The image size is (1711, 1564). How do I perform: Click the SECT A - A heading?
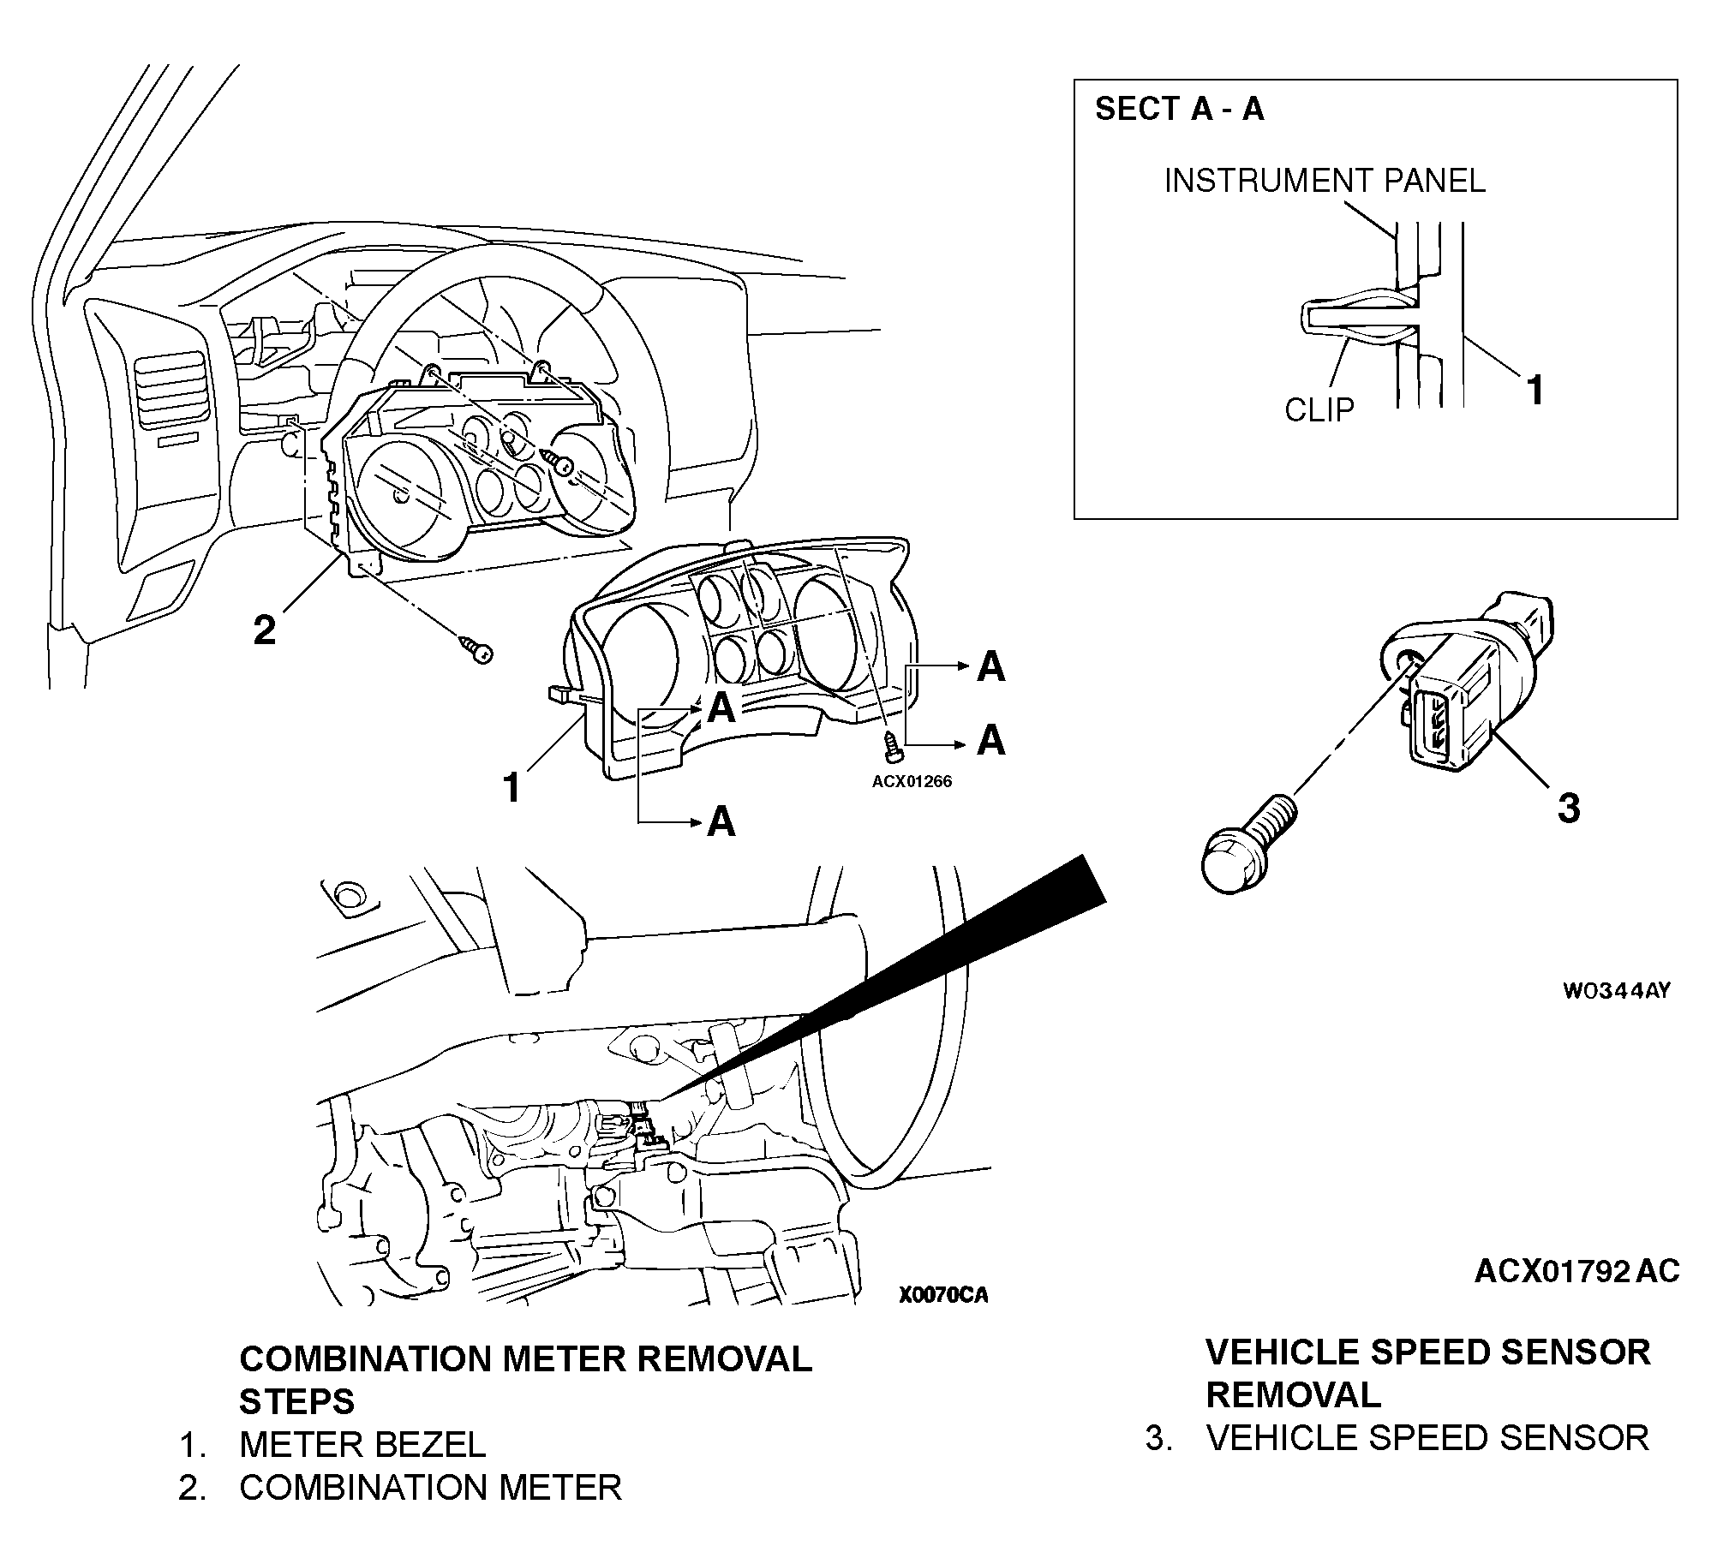(x=1179, y=110)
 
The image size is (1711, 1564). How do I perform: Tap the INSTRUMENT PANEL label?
(x=1324, y=181)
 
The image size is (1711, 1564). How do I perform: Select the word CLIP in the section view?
(x=1319, y=410)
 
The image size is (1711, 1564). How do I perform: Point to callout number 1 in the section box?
(x=1535, y=391)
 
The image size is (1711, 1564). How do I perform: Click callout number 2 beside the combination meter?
(x=265, y=631)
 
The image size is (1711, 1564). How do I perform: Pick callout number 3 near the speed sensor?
(x=1568, y=808)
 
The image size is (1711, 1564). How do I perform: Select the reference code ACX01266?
(x=912, y=781)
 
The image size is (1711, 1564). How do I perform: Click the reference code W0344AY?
(x=1616, y=991)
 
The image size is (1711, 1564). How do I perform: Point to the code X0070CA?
(x=943, y=1295)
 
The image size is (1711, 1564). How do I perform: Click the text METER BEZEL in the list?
(x=362, y=1444)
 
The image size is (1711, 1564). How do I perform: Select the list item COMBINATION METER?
(x=430, y=1488)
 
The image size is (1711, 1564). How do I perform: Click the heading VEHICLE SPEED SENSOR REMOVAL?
(x=1427, y=1374)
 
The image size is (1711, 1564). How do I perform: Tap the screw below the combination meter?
(x=477, y=650)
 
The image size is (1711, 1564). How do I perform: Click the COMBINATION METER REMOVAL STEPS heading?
(x=525, y=1380)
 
